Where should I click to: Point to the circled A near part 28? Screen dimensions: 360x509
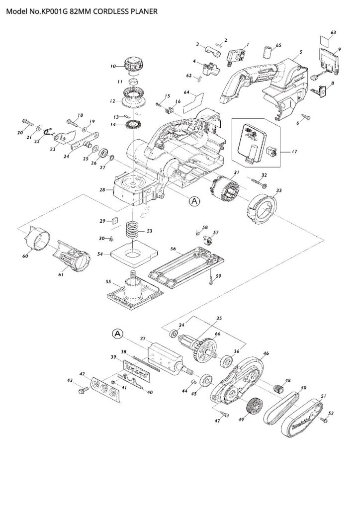tap(194, 201)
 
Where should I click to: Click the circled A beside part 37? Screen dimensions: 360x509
tap(117, 334)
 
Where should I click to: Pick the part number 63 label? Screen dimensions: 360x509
tap(333, 32)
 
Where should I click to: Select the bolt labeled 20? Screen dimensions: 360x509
tap(28, 123)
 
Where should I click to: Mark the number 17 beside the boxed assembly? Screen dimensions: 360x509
tap(294, 151)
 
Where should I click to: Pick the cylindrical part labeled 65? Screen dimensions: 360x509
tap(268, 53)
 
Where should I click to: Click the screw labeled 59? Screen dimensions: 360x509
tap(211, 280)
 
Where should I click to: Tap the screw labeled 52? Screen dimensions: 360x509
tap(324, 420)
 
